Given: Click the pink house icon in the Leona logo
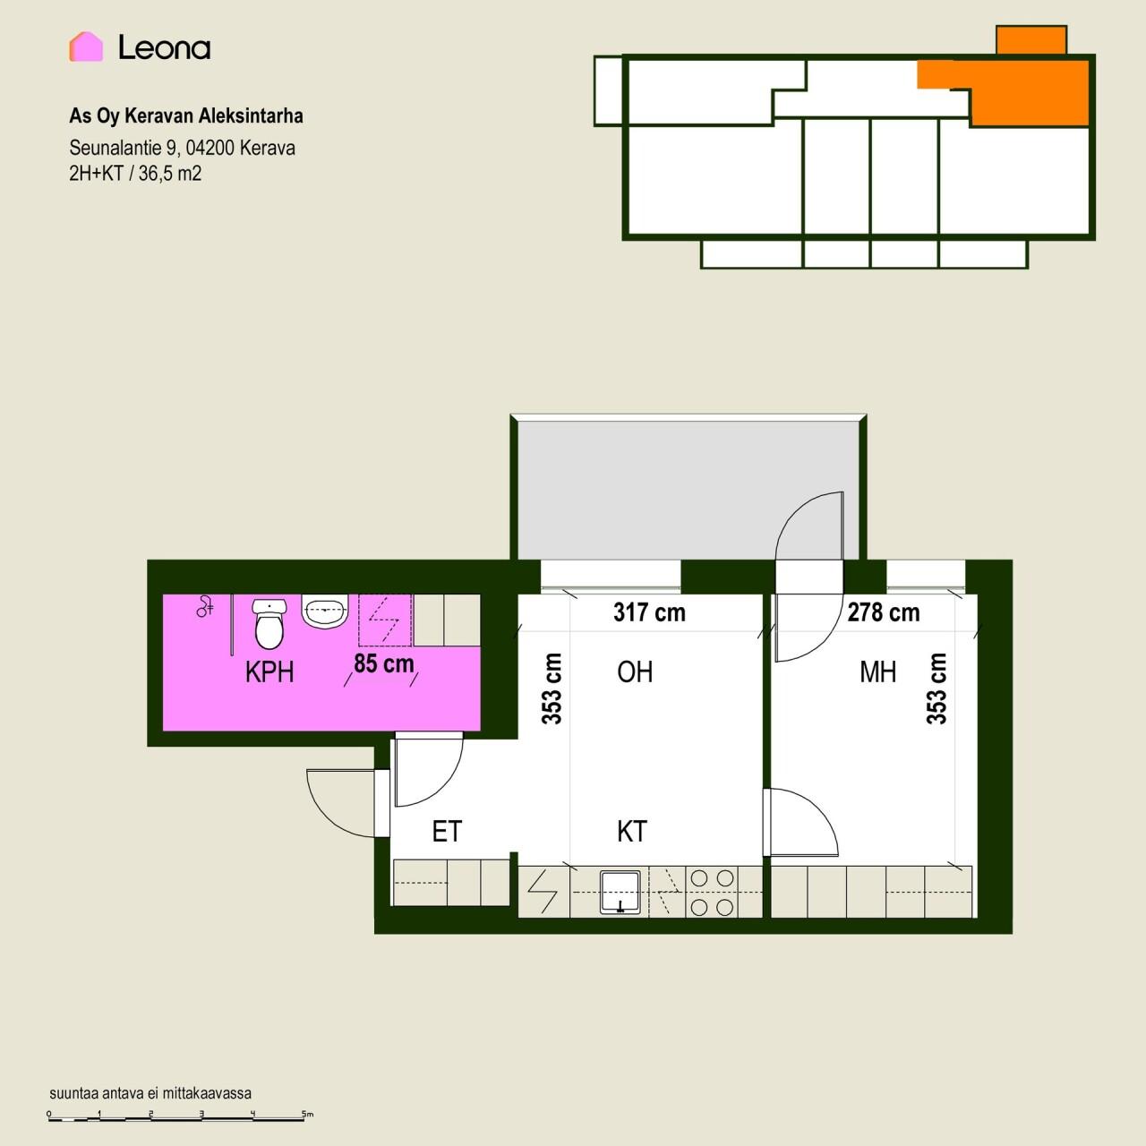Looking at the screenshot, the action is point(86,47).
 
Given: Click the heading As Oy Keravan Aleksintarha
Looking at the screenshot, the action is point(186,116).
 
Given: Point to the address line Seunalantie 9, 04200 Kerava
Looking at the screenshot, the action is point(182,148).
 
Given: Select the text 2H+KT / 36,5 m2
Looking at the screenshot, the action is point(135,174).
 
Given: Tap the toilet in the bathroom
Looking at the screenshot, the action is point(269,624).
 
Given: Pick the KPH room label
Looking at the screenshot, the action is point(269,672).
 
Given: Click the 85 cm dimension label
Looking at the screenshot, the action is point(383,663).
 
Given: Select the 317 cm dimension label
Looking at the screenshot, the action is point(649,612).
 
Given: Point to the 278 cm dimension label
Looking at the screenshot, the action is point(884,612).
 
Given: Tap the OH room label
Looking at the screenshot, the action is point(635,672).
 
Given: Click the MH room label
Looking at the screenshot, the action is point(877,672).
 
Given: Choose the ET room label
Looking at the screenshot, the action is point(447,832).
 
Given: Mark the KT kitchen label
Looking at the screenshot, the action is point(631,832).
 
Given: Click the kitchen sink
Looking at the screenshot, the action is point(620,892).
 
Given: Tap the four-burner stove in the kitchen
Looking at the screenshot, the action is point(712,892).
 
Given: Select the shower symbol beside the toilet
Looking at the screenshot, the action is point(205,606).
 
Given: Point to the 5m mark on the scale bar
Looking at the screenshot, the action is point(307,1114).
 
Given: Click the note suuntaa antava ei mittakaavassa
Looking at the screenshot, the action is point(150,1093).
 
